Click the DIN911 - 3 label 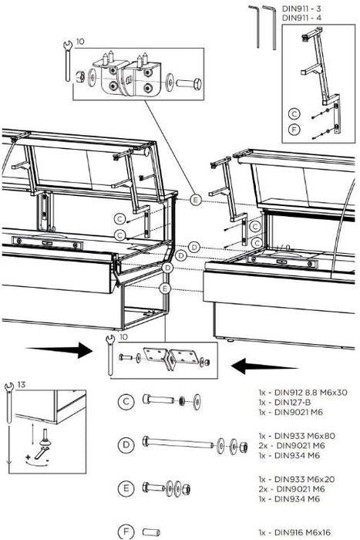(x=301, y=8)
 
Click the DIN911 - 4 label (x=301, y=18)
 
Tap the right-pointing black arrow (x=59, y=350)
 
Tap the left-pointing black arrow (x=264, y=366)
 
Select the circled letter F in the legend (x=126, y=532)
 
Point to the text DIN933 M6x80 (x=304, y=436)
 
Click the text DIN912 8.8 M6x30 (x=311, y=392)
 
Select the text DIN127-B (x=292, y=402)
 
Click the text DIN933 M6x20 (x=304, y=479)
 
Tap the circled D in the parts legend (x=126, y=445)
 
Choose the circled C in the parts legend (x=126, y=402)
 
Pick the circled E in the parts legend (x=126, y=488)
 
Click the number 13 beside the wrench (x=22, y=385)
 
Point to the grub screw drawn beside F (x=151, y=532)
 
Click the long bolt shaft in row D (x=180, y=443)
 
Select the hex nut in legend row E (x=187, y=489)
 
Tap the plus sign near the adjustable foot (x=29, y=457)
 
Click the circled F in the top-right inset (x=294, y=130)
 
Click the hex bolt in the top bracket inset (x=189, y=83)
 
